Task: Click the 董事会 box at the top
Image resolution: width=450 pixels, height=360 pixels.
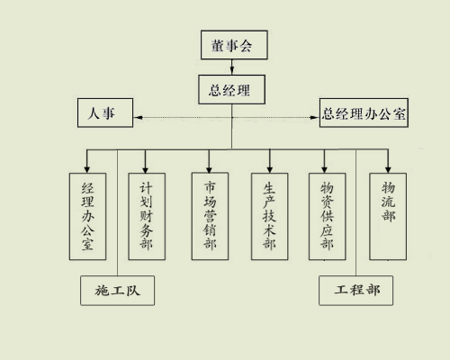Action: coord(234,45)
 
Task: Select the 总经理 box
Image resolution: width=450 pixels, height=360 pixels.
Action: coord(231,89)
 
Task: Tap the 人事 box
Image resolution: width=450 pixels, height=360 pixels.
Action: coord(105,112)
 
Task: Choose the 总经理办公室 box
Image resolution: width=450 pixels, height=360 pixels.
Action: coord(364,112)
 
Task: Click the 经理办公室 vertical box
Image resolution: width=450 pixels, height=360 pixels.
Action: coord(87,216)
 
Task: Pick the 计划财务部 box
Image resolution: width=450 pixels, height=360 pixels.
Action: coord(147,216)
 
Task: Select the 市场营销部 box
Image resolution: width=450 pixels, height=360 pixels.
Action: coord(210,216)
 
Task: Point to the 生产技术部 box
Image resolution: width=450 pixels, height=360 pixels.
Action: coord(269,216)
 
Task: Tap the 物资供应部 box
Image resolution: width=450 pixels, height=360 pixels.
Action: coord(328,216)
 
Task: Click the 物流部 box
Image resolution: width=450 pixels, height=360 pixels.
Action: coord(388,216)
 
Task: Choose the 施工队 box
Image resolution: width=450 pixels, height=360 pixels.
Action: coord(117,291)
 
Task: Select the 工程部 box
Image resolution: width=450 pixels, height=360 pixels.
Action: coord(355,291)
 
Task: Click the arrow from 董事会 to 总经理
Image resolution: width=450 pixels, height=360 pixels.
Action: coord(232,67)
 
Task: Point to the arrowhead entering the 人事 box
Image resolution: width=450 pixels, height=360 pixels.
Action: coord(138,117)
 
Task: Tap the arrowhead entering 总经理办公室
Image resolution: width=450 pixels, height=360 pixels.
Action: coord(315,117)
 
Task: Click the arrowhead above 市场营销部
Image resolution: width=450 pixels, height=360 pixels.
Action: coord(209,168)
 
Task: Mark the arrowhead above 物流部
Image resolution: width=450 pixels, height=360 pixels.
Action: coord(388,169)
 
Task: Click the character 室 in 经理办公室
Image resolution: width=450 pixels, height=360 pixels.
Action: coord(87,244)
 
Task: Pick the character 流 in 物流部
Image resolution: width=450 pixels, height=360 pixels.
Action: coord(388,202)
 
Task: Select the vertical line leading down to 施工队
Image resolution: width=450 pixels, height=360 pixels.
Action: coord(117,212)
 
